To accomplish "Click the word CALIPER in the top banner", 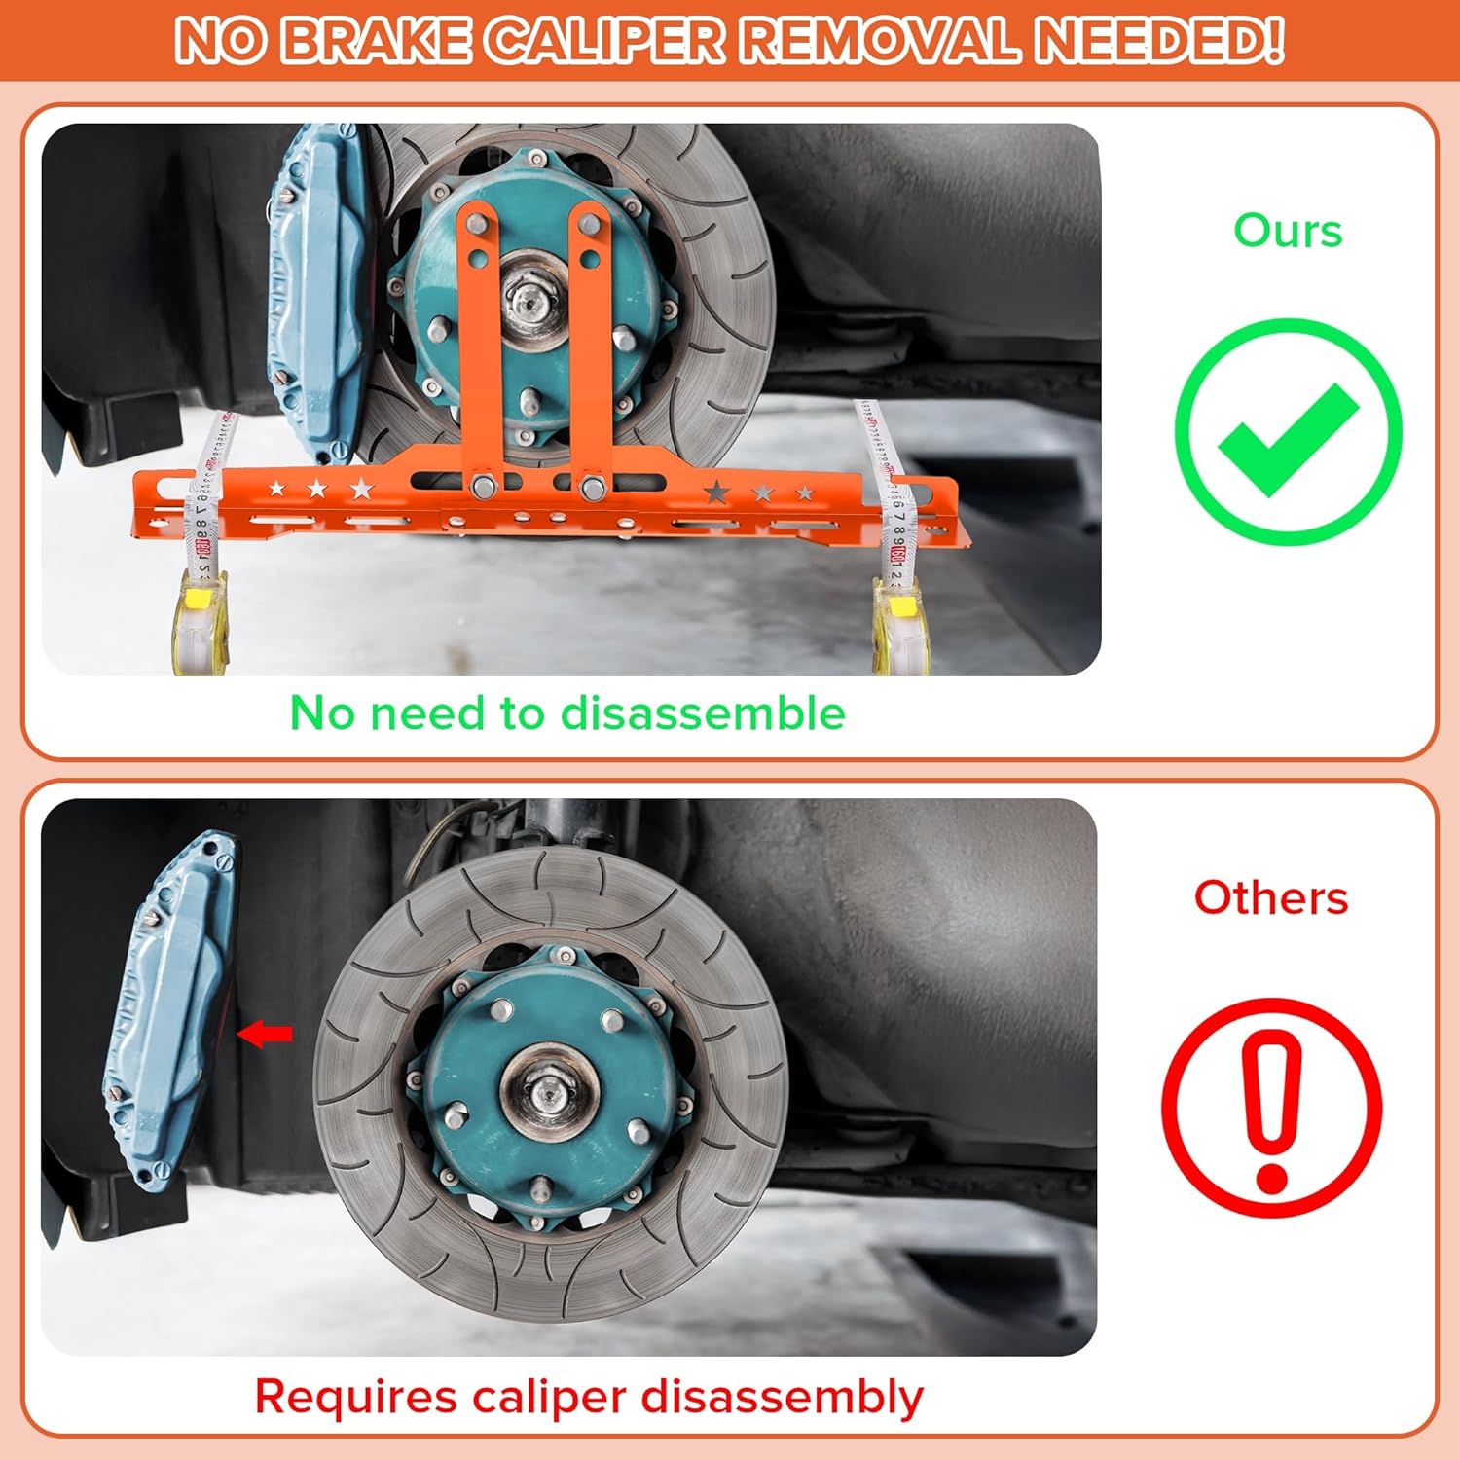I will pyautogui.click(x=606, y=40).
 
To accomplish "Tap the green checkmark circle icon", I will pyautogui.click(x=1288, y=431).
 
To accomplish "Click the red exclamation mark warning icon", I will pyautogui.click(x=1272, y=1108).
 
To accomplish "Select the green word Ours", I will pyautogui.click(x=1288, y=232).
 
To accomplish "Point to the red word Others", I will pyautogui.click(x=1271, y=897).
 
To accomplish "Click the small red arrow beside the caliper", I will pyautogui.click(x=265, y=1034).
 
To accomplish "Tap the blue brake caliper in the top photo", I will pyautogui.click(x=311, y=292).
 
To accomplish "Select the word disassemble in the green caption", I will pyautogui.click(x=703, y=713).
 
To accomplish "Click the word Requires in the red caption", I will pyautogui.click(x=356, y=1398).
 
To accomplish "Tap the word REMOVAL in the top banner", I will pyautogui.click(x=880, y=40).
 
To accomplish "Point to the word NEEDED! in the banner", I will pyautogui.click(x=1158, y=40).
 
